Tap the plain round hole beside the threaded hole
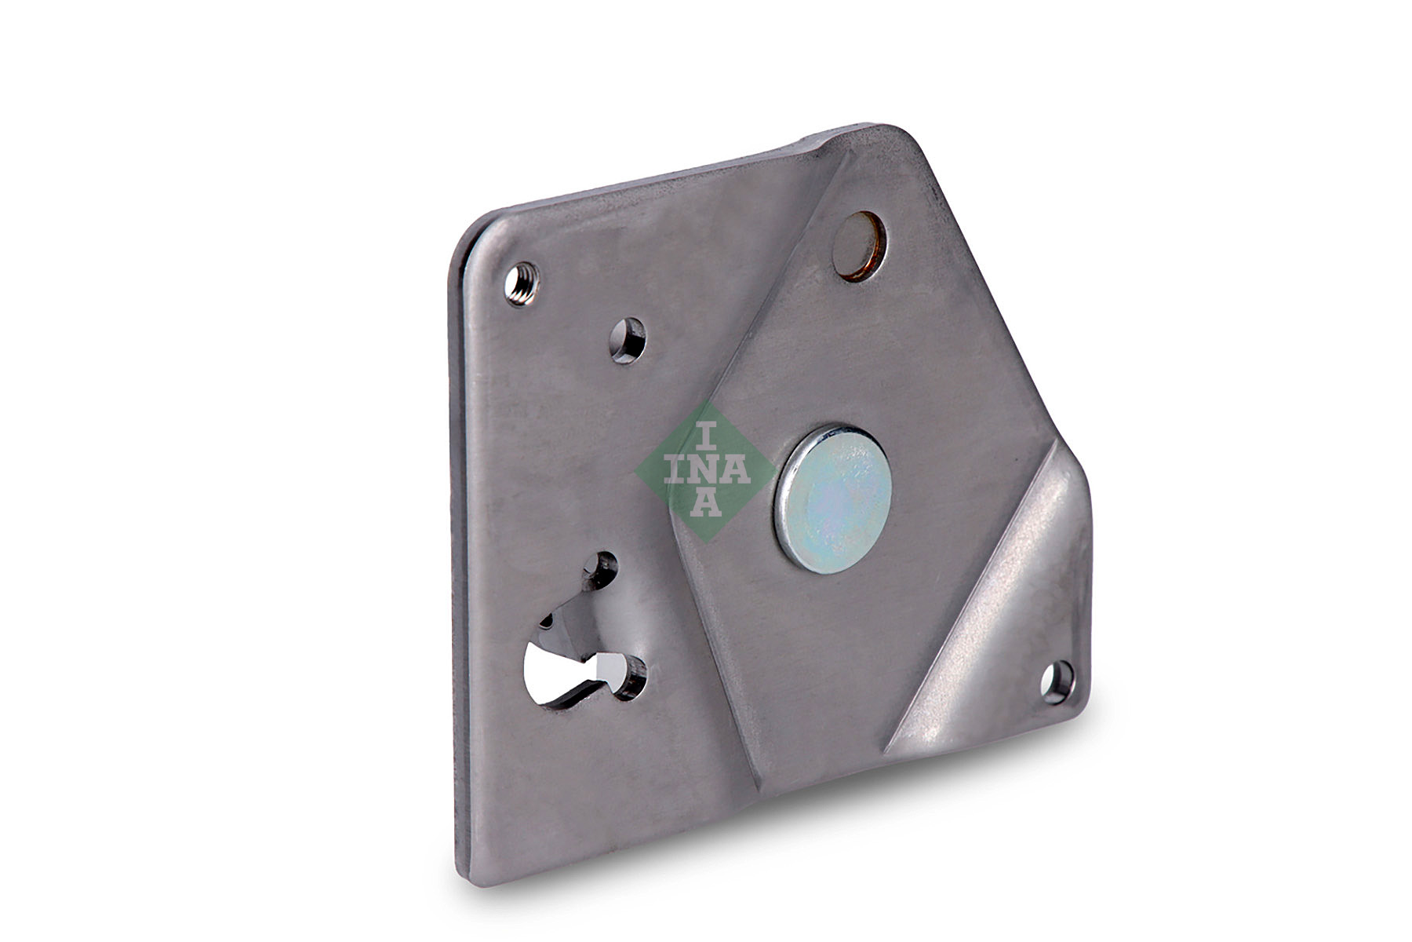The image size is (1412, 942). pos(628,341)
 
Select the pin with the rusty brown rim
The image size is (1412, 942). pos(860,245)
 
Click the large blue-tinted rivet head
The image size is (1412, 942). pos(833,498)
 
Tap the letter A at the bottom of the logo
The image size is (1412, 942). pos(706,502)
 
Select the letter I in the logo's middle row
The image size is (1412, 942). pos(675,470)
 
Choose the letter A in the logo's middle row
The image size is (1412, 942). pos(736,470)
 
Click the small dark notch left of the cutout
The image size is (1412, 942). pos(549,620)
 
